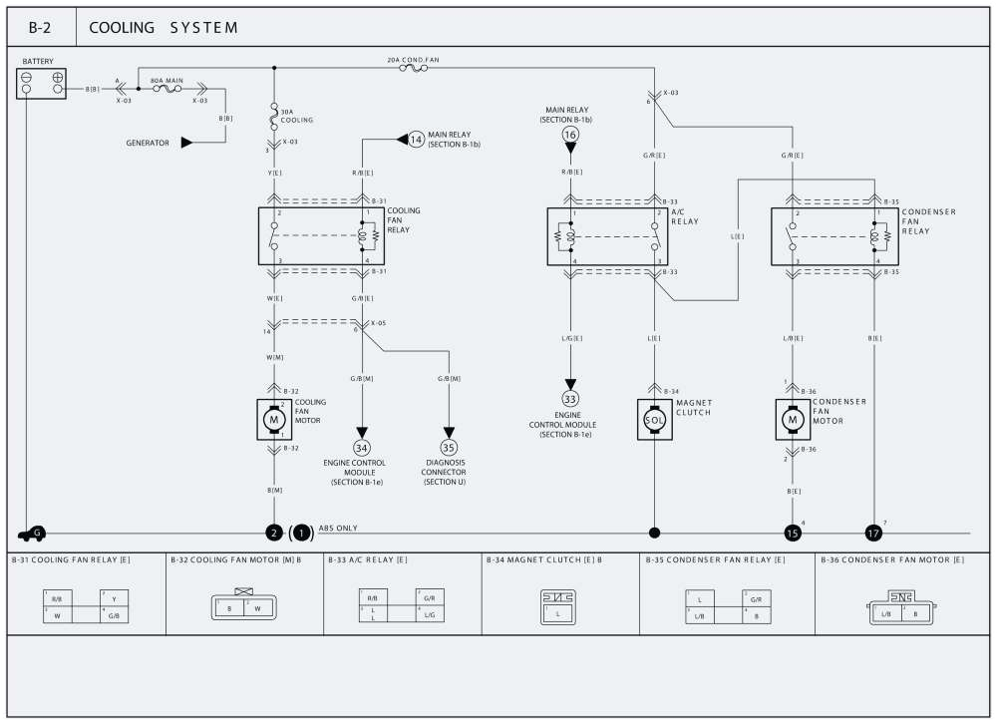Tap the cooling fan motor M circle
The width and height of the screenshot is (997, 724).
click(x=273, y=420)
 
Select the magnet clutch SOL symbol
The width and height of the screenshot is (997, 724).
click(x=654, y=420)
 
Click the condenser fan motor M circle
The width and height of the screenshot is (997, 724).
click(x=794, y=420)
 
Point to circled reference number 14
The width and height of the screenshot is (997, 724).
click(x=417, y=140)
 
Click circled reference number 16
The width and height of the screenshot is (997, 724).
click(x=570, y=134)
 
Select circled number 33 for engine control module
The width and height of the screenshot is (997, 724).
click(x=570, y=398)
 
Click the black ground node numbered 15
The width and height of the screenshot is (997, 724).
click(x=793, y=534)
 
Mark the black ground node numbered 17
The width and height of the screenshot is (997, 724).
click(x=873, y=534)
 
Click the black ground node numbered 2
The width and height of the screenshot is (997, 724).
click(x=273, y=534)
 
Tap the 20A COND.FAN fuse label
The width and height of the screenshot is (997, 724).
click(x=413, y=60)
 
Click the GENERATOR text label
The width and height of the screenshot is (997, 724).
click(x=147, y=143)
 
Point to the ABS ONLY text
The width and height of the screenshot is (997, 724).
click(x=338, y=528)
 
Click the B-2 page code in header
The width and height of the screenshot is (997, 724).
click(x=41, y=27)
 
